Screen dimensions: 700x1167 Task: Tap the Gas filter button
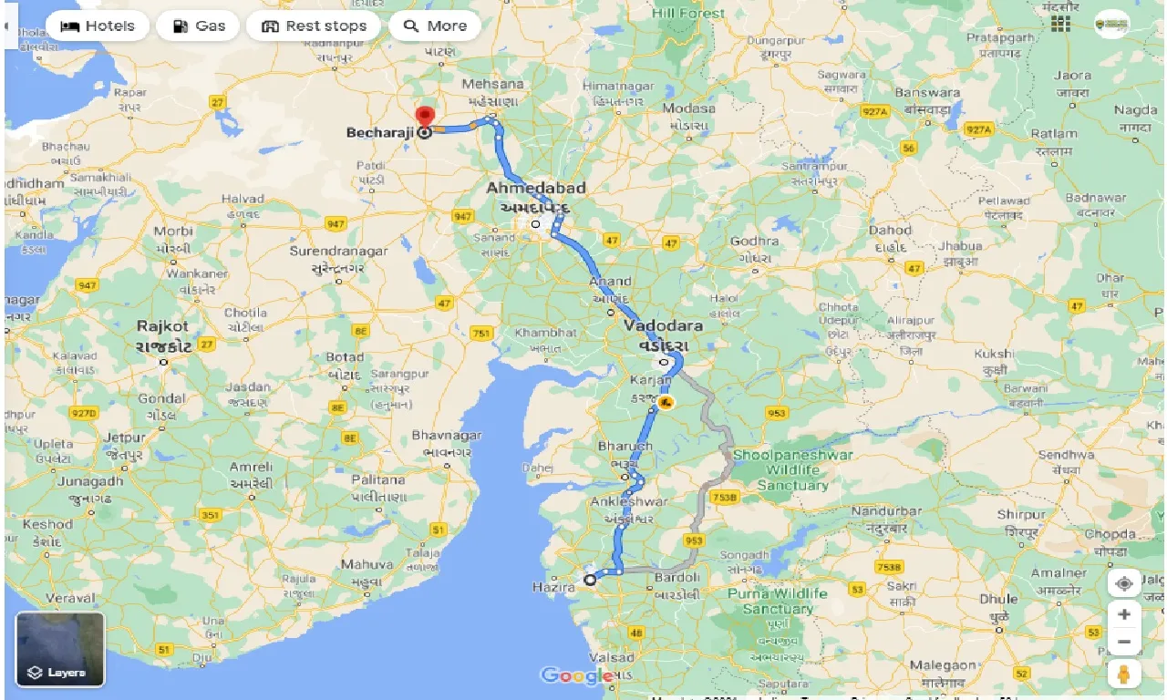click(x=198, y=26)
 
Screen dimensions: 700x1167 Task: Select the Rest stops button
click(x=314, y=26)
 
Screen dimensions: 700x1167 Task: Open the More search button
click(x=435, y=26)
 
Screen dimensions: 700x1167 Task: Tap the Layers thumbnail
click(x=60, y=649)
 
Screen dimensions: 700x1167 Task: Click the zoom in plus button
click(x=1124, y=615)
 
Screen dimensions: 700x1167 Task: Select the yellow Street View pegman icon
click(x=1124, y=674)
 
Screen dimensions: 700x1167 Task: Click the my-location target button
click(x=1124, y=583)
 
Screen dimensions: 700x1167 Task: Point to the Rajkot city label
click(x=163, y=325)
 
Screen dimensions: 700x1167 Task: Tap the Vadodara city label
click(x=663, y=325)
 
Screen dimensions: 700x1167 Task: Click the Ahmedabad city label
click(x=535, y=188)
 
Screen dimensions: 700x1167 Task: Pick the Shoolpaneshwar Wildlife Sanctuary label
click(x=792, y=470)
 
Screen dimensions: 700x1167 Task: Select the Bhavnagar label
click(x=447, y=436)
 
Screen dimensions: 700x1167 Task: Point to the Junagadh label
click(x=89, y=481)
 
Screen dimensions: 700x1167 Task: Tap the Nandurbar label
click(x=886, y=511)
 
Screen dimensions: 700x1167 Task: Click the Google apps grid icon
click(x=1060, y=23)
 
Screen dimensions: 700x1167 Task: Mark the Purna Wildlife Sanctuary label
click(x=778, y=601)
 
